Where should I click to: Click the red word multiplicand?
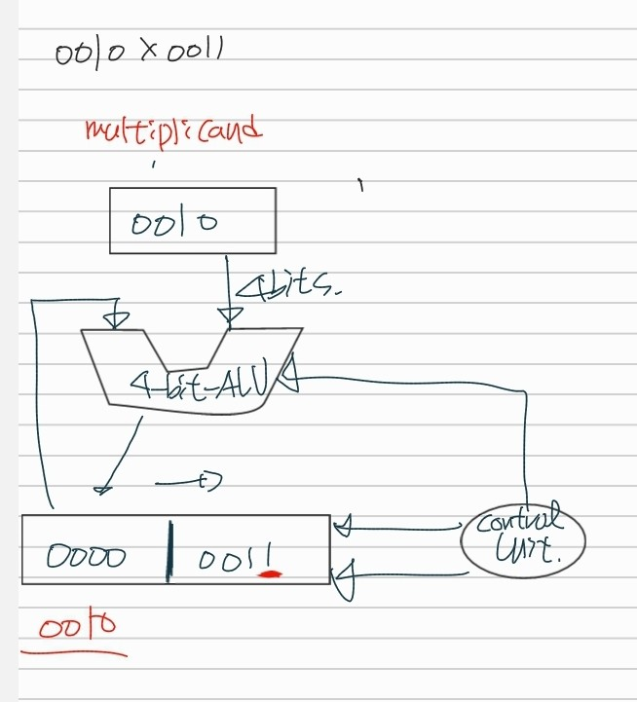(174, 129)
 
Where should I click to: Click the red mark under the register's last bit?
(267, 574)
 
